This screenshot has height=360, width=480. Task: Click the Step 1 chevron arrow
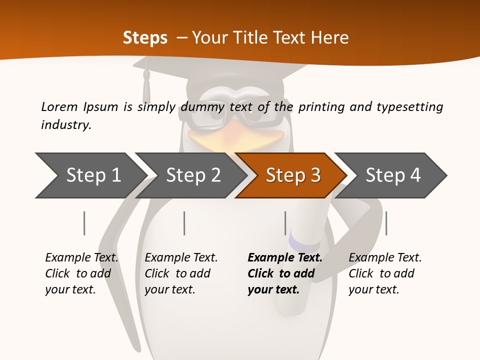pyautogui.click(x=90, y=175)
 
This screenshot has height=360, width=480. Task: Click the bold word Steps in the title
pyautogui.click(x=145, y=37)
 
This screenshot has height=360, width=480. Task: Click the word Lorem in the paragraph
pyautogui.click(x=59, y=106)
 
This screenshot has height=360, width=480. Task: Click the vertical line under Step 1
pyautogui.click(x=84, y=223)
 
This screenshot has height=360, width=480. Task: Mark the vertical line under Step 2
pyautogui.click(x=184, y=223)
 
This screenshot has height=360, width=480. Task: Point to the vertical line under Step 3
pyautogui.click(x=285, y=223)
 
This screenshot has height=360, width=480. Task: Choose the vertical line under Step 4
pyautogui.click(x=386, y=223)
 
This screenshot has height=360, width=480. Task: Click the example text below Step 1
pyautogui.click(x=82, y=273)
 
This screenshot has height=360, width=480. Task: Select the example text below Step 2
pyautogui.click(x=181, y=273)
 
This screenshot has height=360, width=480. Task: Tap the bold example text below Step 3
pyautogui.click(x=285, y=273)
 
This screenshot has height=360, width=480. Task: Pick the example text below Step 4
pyautogui.click(x=385, y=273)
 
